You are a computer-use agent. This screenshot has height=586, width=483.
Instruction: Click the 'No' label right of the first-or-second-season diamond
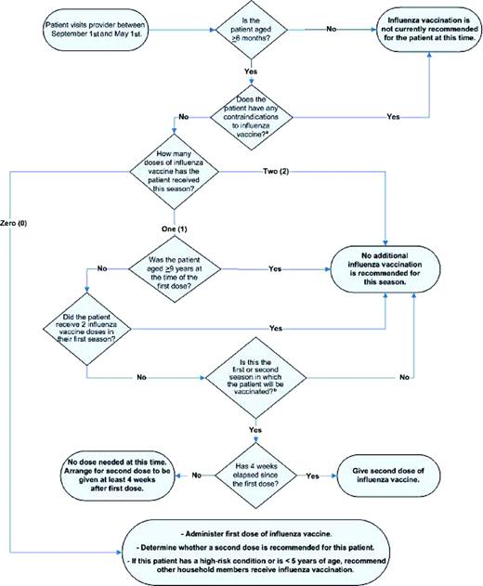click(x=402, y=379)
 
